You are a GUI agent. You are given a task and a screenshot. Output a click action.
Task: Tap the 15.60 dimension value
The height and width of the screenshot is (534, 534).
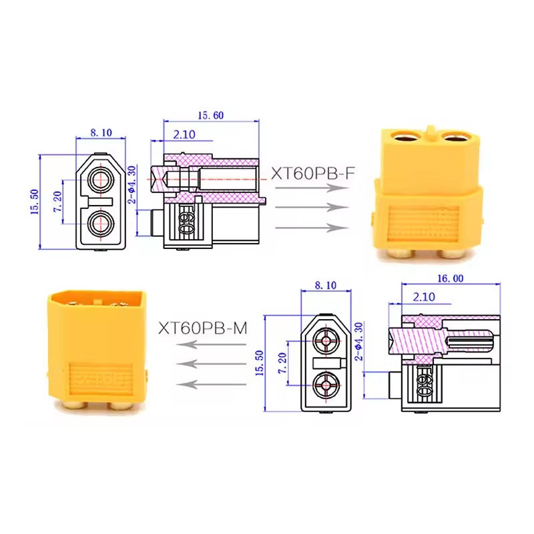210,115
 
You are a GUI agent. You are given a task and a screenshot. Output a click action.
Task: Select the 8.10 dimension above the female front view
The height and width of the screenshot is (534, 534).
101,132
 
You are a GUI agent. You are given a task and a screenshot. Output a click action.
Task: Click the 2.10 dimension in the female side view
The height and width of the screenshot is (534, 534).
184,134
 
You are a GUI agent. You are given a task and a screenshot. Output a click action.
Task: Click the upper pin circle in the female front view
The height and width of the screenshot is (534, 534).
101,179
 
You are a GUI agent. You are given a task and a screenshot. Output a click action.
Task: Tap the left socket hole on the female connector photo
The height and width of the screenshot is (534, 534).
407,138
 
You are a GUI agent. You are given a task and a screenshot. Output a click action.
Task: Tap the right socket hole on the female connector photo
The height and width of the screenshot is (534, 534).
455,138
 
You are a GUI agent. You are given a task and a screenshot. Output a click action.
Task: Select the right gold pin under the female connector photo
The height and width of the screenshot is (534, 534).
455,252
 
